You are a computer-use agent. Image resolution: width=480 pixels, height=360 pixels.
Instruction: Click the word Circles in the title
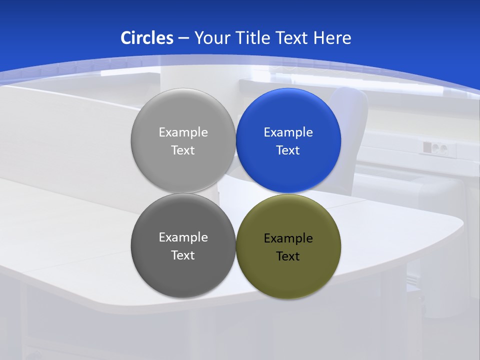click(x=147, y=37)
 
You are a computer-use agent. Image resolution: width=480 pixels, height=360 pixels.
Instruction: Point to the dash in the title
click(x=183, y=38)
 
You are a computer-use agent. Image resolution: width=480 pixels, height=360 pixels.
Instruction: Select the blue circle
click(x=288, y=170)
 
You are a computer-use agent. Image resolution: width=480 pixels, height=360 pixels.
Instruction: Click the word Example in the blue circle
click(x=288, y=132)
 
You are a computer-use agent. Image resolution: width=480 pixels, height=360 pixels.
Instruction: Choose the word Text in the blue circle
click(x=288, y=150)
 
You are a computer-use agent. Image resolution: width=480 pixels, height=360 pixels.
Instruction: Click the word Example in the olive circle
click(x=288, y=238)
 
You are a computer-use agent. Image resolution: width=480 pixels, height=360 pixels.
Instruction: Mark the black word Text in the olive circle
click(x=288, y=256)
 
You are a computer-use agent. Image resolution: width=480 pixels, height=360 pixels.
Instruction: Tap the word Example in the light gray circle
click(x=183, y=132)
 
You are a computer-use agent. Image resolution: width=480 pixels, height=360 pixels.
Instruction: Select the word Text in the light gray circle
click(x=183, y=150)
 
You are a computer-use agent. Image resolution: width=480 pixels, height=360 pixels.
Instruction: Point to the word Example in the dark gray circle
click(x=183, y=237)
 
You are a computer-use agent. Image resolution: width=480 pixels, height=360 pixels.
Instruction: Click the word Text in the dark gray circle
click(x=183, y=255)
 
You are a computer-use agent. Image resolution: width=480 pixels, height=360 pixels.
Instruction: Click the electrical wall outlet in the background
click(x=435, y=147)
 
